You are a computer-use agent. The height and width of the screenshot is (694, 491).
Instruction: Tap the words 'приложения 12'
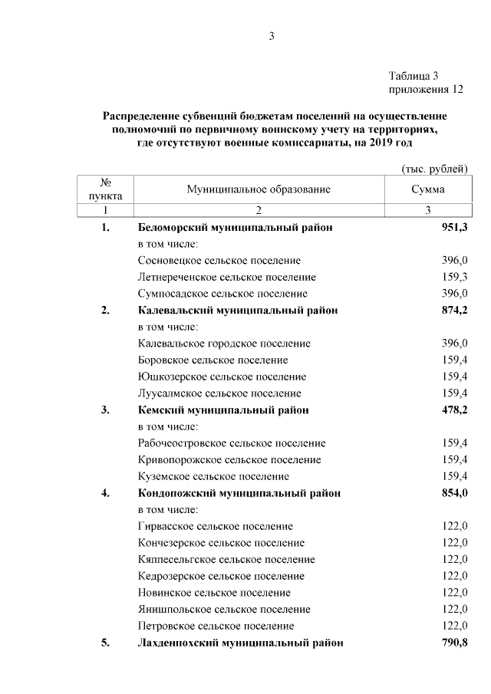427,90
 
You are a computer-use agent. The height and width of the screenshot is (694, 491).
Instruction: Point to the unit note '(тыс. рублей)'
434,168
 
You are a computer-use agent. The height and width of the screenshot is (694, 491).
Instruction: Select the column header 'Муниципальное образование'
258,189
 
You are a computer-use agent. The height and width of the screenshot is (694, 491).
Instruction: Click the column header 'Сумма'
427,189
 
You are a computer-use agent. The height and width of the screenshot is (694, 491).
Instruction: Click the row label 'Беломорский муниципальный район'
235,228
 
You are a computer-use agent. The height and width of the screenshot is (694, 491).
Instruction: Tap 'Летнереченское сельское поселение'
227,277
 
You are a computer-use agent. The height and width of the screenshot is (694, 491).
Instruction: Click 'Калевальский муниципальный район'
238,311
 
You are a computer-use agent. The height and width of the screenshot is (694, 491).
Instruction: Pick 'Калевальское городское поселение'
225,344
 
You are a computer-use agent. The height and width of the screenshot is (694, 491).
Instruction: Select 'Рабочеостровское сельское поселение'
232,443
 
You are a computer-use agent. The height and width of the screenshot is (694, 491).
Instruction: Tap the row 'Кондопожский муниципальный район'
239,493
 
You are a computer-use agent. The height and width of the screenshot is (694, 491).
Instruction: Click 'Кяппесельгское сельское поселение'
226,559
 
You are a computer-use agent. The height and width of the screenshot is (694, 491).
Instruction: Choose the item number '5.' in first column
105,643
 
